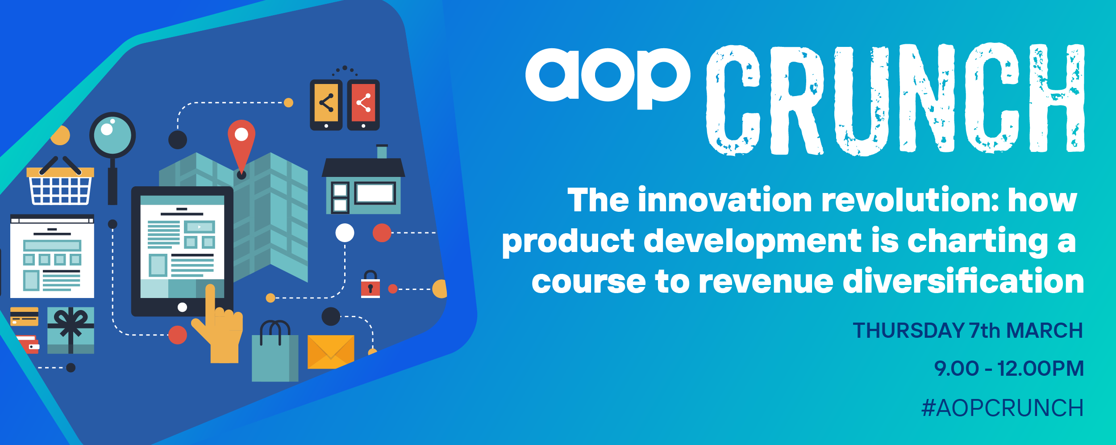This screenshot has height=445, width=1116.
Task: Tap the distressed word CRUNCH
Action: click(x=895, y=99)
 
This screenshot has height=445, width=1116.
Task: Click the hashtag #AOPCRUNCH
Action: click(x=1003, y=408)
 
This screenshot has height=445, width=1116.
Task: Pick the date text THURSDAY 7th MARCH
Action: click(x=968, y=331)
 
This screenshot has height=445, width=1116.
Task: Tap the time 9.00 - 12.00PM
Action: click(x=1009, y=369)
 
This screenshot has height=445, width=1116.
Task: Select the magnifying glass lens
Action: click(x=112, y=135)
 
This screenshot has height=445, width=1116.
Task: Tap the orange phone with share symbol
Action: click(x=326, y=105)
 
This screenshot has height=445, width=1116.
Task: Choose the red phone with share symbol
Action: click(x=363, y=105)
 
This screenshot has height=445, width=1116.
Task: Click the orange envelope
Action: click(x=331, y=352)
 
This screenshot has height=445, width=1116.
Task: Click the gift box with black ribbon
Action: click(x=71, y=330)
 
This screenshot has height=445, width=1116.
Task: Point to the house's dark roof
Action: click(x=363, y=168)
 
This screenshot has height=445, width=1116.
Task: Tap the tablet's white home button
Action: click(x=182, y=307)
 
